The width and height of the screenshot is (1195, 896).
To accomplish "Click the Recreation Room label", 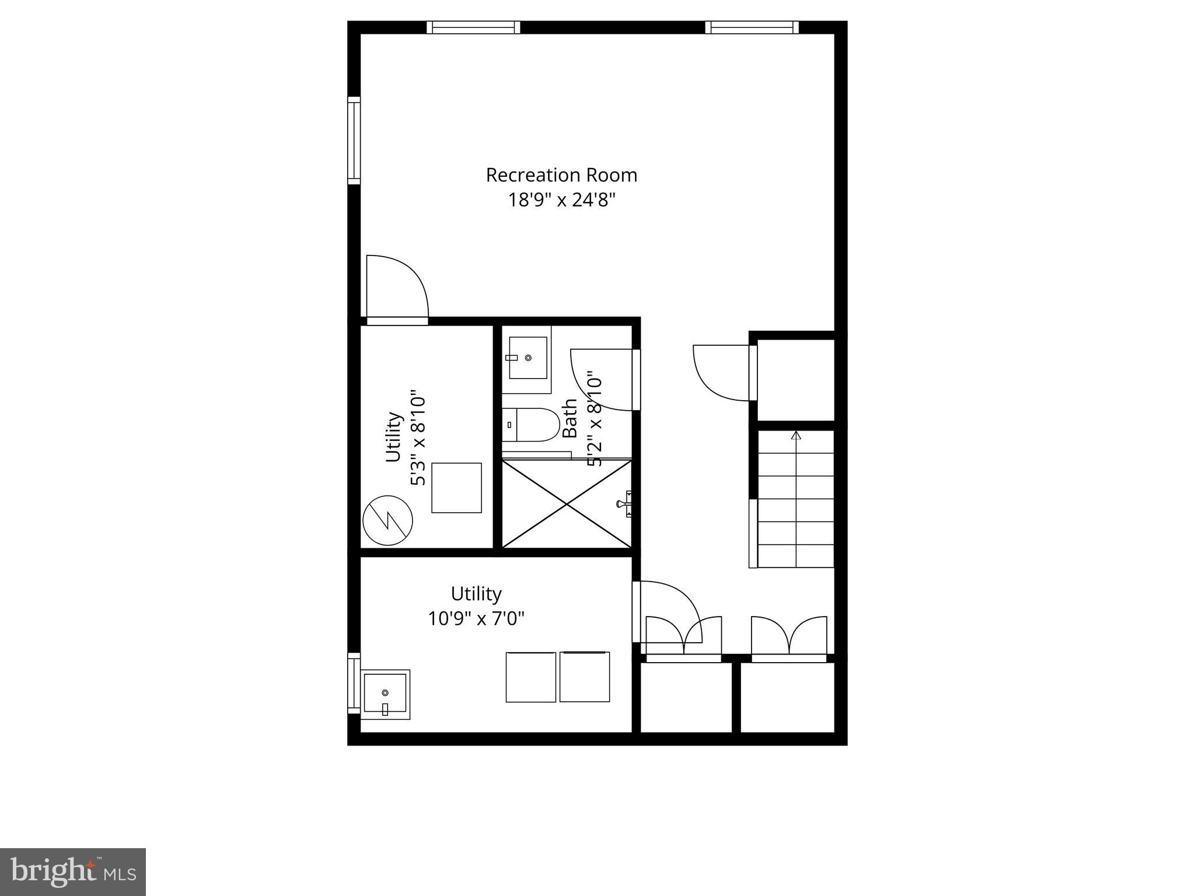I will pos(561,175).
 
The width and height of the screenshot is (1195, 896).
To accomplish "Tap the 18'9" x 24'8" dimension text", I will pos(561,201).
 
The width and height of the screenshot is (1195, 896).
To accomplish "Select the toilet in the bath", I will pos(530,425).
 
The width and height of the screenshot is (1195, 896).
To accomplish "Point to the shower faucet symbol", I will pos(625,503).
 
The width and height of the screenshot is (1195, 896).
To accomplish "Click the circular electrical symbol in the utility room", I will pos(387,520).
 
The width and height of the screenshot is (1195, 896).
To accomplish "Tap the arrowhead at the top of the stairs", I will pos(796,435).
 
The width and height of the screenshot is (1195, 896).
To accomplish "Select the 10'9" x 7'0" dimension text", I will pos(476,618).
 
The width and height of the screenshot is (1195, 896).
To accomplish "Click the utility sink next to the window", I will pos(385,694).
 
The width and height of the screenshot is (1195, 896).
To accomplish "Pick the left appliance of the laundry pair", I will pos(530,677).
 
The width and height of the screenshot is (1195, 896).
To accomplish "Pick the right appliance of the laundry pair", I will pos(585,677).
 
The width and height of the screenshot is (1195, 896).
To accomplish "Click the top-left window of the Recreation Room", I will pos(473,27).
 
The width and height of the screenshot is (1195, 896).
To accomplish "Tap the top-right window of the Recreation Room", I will pos(752,27).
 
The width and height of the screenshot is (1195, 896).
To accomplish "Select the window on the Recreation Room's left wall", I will pos(354,141).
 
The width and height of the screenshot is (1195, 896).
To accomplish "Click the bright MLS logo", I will pos(72,872).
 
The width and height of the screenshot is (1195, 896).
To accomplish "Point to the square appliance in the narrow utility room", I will pos(456,488).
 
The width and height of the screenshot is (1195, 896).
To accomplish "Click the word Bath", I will pos(569,418).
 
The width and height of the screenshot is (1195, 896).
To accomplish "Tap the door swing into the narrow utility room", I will pos(397,289).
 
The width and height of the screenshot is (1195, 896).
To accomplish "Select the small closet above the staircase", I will pos(795,379).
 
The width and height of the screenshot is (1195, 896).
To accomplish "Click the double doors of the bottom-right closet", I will pos(789,638).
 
